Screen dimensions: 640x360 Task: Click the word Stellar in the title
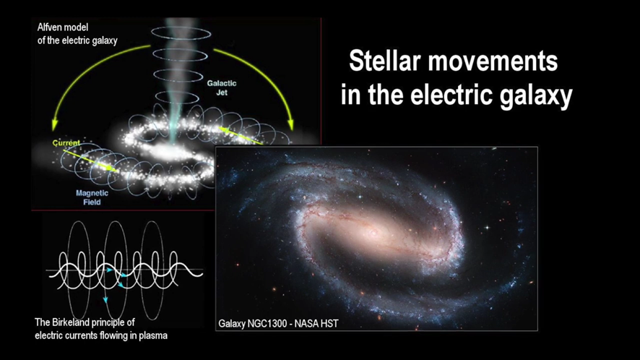point(384,61)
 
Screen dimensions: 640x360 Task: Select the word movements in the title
point(493,61)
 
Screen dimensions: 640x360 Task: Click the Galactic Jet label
point(222,88)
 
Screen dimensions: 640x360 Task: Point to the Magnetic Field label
point(92,197)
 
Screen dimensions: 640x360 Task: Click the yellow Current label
point(66,142)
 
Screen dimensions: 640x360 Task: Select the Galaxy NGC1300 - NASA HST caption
point(278,324)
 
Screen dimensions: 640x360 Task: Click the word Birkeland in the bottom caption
point(70,322)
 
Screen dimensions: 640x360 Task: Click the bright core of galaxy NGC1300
point(373,232)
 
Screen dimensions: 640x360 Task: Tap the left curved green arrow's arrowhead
point(54,126)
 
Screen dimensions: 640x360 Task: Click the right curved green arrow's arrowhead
point(290,124)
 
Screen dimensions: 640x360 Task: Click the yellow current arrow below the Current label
point(90,160)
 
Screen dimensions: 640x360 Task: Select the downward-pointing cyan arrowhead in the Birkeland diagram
point(105,300)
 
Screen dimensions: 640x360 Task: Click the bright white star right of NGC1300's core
point(487,227)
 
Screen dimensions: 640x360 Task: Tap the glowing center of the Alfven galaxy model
point(167,152)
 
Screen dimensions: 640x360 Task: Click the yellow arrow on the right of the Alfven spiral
point(241,136)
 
